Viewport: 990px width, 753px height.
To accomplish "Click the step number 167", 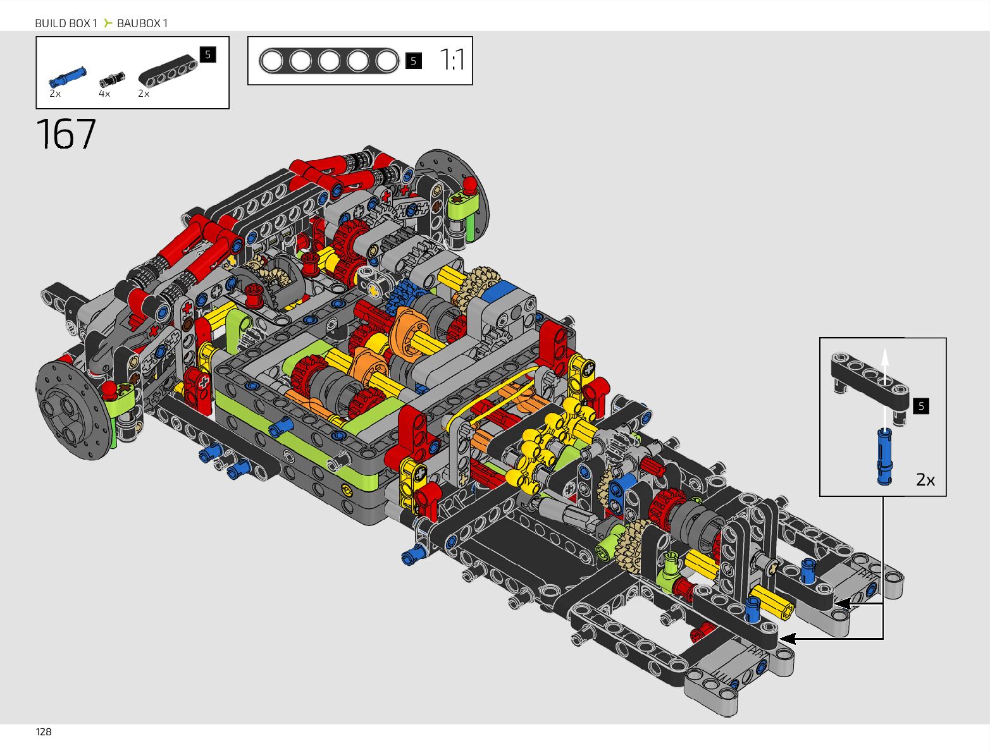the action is pos(66,133).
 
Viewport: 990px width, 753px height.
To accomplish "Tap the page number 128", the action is pos(44,732).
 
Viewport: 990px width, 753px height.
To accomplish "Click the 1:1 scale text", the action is pos(452,60).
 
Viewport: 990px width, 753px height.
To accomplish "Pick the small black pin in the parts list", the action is pos(112,79).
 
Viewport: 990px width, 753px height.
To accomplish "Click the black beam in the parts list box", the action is pos(168,71).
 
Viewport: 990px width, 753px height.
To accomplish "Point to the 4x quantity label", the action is pos(104,94).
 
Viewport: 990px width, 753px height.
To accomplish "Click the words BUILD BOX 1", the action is pos(66,23).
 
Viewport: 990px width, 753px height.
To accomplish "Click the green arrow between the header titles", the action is pos(108,23).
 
